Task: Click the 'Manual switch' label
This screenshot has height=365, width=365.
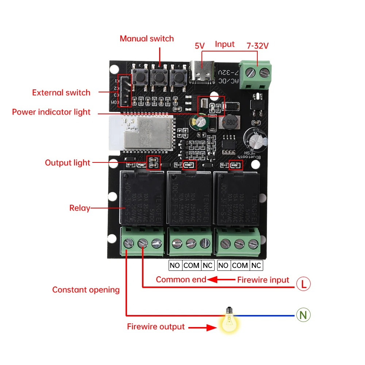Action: pos(147,39)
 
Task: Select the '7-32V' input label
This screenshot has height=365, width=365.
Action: pos(257,46)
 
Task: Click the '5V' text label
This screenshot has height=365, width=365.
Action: pos(200,46)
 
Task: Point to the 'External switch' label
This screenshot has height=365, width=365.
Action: pos(61,93)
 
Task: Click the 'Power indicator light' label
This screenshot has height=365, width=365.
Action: pos(51,112)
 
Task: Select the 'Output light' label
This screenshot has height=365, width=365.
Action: pos(67,163)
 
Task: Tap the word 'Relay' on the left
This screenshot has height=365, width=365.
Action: pos(80,208)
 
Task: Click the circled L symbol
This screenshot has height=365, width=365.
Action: pos(303,284)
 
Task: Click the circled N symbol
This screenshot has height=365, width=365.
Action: pos(303,315)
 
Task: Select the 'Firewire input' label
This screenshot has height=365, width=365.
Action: pos(263,280)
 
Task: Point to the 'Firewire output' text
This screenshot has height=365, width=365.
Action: pos(156,327)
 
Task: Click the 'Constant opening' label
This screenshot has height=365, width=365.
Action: pos(86,290)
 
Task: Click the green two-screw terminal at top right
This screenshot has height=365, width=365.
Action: pos(257,75)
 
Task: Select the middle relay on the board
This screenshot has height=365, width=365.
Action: pos(190,200)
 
